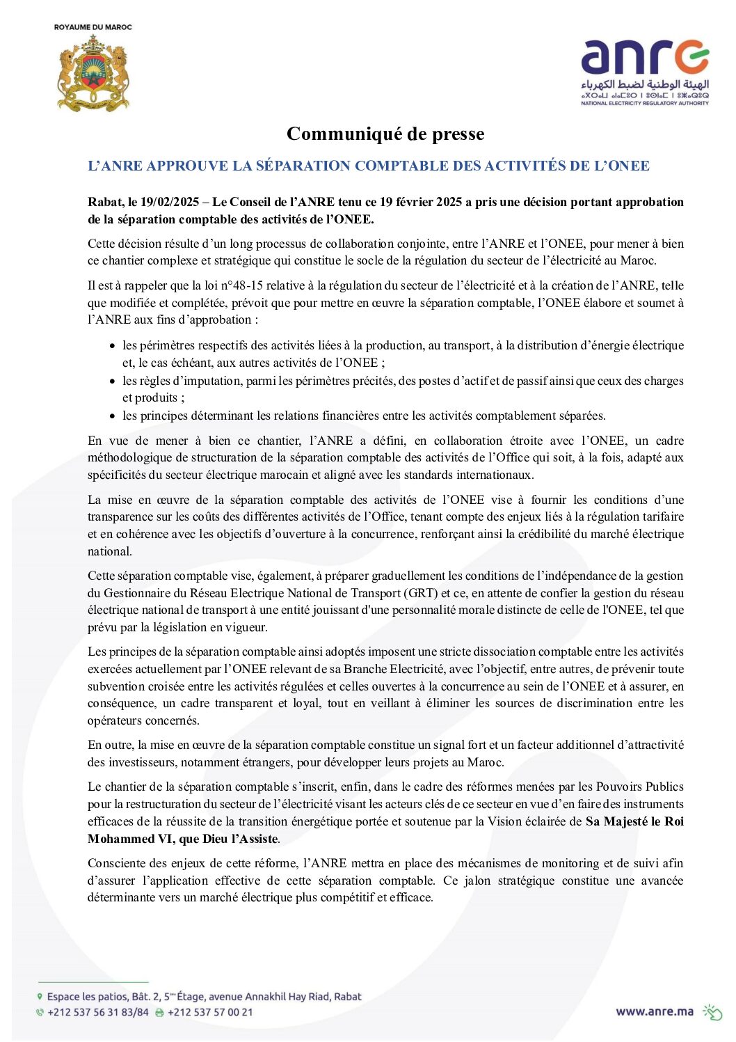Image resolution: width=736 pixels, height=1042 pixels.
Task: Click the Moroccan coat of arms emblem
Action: (x=93, y=72)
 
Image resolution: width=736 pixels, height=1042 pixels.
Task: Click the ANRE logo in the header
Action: (x=645, y=58)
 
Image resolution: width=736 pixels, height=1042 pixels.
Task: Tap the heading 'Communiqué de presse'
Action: (x=385, y=134)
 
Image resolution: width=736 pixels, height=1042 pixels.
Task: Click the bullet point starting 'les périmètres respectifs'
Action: (x=112, y=346)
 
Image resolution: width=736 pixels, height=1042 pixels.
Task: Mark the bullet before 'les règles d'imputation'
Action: (x=112, y=381)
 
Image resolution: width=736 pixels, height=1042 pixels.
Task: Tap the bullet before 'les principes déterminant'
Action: (x=112, y=416)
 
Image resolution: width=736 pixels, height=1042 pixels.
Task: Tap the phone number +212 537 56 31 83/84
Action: (x=98, y=1012)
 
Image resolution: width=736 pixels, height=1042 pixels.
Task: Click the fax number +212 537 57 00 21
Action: (x=210, y=1012)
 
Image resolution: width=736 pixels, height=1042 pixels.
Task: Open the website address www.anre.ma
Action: (x=654, y=1011)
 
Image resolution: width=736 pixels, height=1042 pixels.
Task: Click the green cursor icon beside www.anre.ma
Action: (x=712, y=1011)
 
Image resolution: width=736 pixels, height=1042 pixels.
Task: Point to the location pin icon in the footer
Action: (x=40, y=997)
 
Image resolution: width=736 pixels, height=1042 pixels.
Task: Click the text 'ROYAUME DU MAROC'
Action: (x=93, y=27)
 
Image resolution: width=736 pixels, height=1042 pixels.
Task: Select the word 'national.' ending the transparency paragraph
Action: (x=110, y=551)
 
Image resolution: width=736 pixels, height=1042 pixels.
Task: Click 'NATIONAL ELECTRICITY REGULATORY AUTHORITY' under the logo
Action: (x=645, y=103)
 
